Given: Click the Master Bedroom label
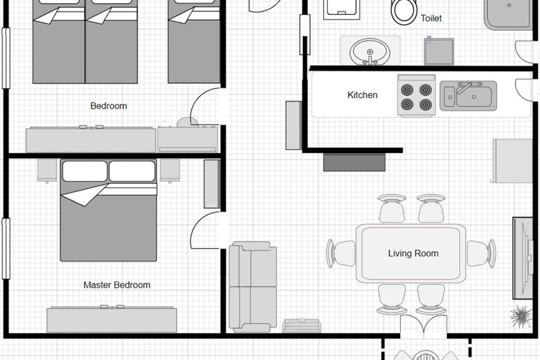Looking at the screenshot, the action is (116, 285).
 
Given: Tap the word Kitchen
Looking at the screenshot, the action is (362, 94).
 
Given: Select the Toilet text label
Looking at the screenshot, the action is (431, 18).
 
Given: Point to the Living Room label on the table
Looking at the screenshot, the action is (413, 253).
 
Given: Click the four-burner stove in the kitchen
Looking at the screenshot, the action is (416, 95).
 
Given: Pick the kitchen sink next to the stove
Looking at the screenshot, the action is (468, 96).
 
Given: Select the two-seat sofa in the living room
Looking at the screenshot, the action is (253, 286).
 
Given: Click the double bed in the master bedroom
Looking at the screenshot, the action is (108, 210).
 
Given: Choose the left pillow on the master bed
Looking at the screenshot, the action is (84, 171).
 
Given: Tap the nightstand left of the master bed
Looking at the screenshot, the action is (47, 170).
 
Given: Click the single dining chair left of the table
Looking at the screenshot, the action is (341, 253).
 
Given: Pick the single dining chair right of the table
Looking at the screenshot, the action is (481, 253).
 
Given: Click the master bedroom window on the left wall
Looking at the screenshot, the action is (6, 248).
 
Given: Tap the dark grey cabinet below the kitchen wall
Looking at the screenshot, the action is (354, 162).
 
